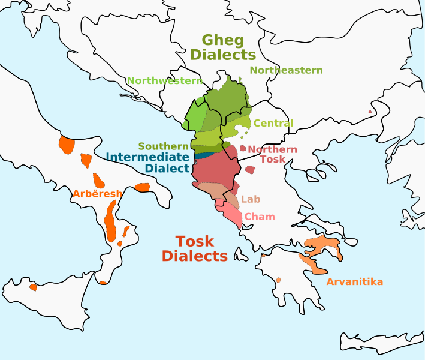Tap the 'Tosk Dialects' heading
(x=195, y=248)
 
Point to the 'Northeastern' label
(x=286, y=70)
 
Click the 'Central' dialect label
(x=273, y=123)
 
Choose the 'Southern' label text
(x=164, y=146)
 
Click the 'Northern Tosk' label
(x=272, y=154)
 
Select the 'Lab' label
(x=251, y=199)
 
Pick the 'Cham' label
(x=260, y=217)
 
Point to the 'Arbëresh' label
(x=97, y=193)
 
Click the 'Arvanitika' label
(x=354, y=281)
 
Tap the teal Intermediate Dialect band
(x=203, y=155)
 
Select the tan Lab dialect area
(x=213, y=190)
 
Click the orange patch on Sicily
(x=33, y=287)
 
